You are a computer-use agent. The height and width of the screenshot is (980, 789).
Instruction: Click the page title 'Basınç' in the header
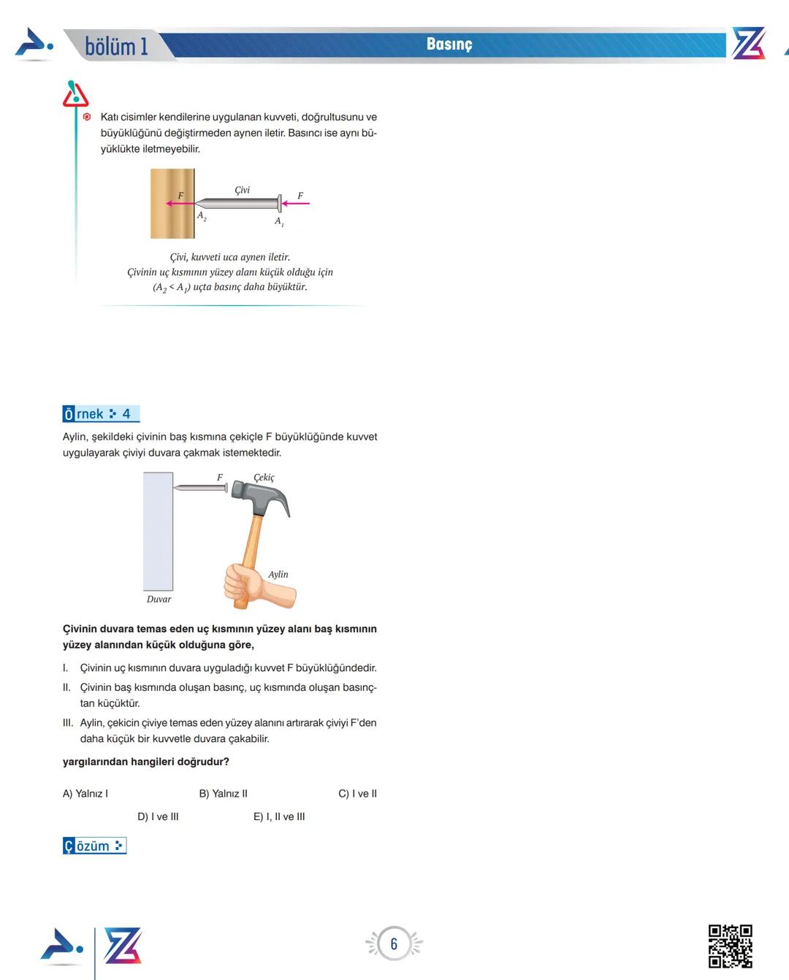(x=449, y=45)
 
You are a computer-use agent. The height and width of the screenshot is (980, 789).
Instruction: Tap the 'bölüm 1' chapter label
(x=116, y=47)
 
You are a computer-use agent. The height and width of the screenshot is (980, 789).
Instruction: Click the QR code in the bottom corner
(x=730, y=946)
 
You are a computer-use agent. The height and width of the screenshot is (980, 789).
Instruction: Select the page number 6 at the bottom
(x=394, y=943)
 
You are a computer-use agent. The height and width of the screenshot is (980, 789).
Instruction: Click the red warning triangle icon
(x=75, y=94)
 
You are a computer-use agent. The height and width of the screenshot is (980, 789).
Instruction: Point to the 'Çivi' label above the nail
(x=242, y=190)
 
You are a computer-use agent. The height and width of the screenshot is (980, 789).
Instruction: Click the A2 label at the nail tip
(x=202, y=216)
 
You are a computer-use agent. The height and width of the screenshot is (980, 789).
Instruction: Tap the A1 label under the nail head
(x=279, y=221)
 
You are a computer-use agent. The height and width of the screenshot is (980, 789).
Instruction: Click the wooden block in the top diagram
(x=172, y=204)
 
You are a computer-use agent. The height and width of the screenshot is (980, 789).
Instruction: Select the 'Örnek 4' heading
(x=100, y=414)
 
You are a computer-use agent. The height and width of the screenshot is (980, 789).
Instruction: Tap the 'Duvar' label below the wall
(x=159, y=600)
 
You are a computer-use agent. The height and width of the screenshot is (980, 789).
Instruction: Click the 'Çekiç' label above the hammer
(x=264, y=478)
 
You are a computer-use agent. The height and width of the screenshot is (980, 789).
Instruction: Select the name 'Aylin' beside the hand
(x=278, y=575)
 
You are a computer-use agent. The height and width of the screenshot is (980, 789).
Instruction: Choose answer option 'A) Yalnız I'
(x=85, y=794)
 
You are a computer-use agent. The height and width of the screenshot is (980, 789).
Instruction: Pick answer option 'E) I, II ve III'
(x=279, y=817)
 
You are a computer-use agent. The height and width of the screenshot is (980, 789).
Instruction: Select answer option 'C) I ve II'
(x=357, y=794)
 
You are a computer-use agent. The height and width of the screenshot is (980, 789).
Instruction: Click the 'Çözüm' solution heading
(x=94, y=846)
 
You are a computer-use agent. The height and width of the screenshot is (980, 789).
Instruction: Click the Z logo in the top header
(x=748, y=45)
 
